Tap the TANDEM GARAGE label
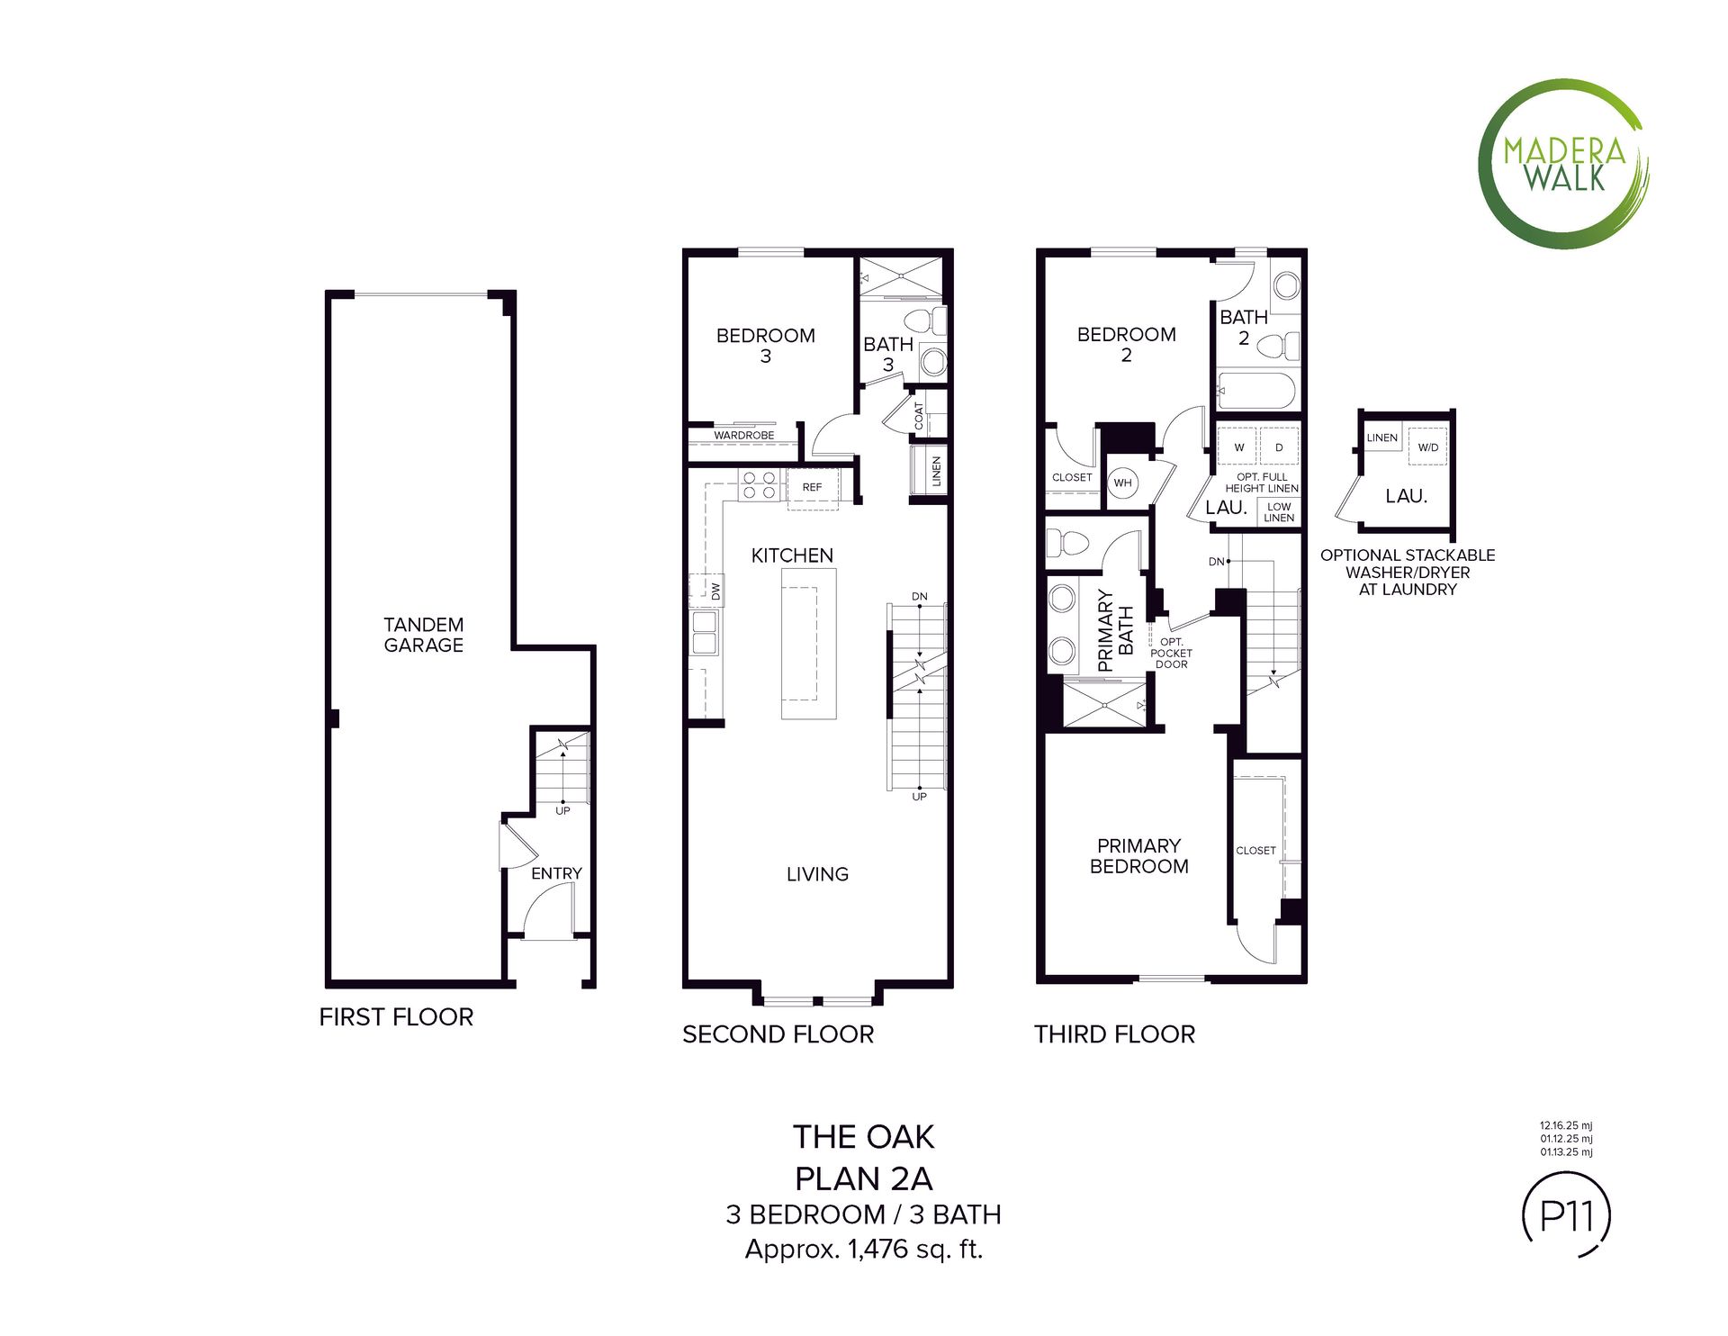pyautogui.click(x=423, y=635)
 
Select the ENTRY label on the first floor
pyautogui.click(x=556, y=873)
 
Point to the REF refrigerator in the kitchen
pyautogui.click(x=812, y=488)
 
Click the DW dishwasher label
pyautogui.click(x=716, y=591)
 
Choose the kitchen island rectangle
pyautogui.click(x=808, y=643)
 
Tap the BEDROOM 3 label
pyautogui.click(x=766, y=346)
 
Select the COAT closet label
pyautogui.click(x=919, y=415)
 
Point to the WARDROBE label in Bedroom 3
pyautogui.click(x=744, y=435)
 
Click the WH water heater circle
pyautogui.click(x=1122, y=483)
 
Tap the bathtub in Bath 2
pyautogui.click(x=1256, y=392)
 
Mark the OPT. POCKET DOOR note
pyautogui.click(x=1172, y=653)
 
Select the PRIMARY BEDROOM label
pyautogui.click(x=1139, y=856)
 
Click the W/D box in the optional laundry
pyautogui.click(x=1428, y=447)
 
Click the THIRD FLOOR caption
pyautogui.click(x=1115, y=1034)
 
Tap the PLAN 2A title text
pyautogui.click(x=864, y=1178)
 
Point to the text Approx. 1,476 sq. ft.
pyautogui.click(x=864, y=1250)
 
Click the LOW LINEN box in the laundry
pyautogui.click(x=1279, y=511)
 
